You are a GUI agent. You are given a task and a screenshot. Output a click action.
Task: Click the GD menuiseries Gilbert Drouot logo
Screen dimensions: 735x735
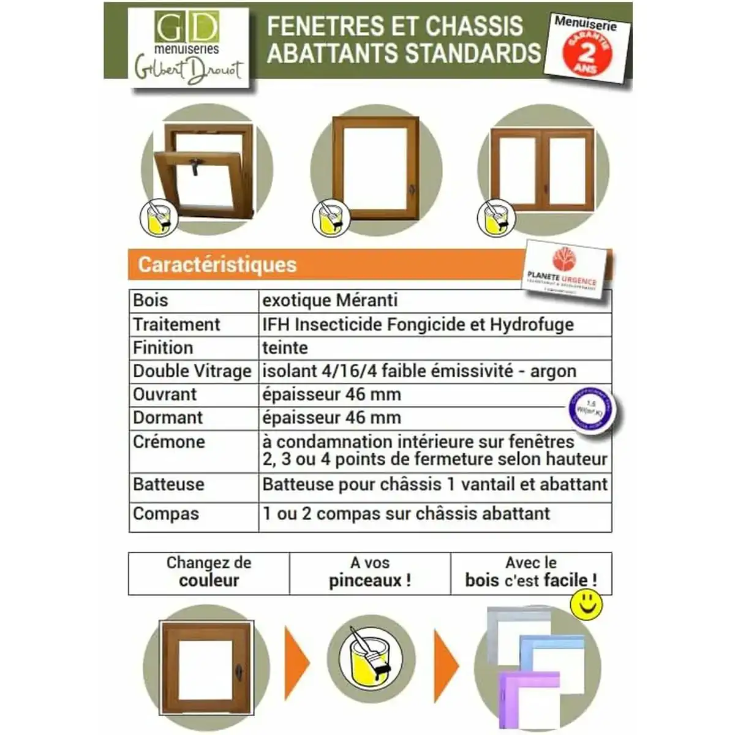188,48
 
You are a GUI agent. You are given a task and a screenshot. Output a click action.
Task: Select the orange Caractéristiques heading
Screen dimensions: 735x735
217,265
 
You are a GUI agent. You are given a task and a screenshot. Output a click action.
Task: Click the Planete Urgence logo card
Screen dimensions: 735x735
569,269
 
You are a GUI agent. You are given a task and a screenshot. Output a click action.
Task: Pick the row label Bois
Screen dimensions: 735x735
151,300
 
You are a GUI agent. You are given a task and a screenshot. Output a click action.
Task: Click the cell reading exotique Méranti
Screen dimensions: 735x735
330,300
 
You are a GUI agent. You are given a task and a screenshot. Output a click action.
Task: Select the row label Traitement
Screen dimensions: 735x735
176,324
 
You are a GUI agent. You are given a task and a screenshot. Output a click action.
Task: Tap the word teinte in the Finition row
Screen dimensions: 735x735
285,347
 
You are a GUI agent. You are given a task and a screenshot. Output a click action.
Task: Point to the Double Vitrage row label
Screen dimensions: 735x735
192,371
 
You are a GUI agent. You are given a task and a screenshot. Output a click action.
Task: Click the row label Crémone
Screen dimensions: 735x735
169,442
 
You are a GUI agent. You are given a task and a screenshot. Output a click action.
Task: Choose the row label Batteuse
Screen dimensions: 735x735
168,484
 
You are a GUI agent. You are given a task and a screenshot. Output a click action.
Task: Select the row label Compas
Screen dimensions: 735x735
166,513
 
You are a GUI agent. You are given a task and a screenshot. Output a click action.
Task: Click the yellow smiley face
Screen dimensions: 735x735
586,605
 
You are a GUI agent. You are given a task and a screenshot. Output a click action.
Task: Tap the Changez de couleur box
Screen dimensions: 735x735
209,572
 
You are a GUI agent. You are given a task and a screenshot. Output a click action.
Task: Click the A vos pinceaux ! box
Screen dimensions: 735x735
370,572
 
